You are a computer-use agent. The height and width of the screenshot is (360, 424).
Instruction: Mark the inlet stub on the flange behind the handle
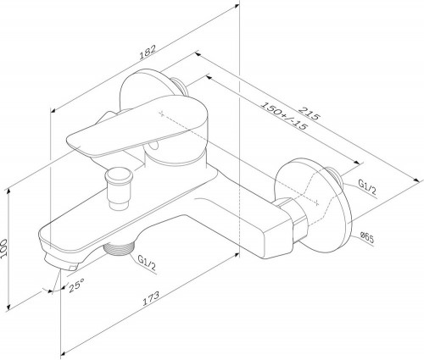point(181,84)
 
